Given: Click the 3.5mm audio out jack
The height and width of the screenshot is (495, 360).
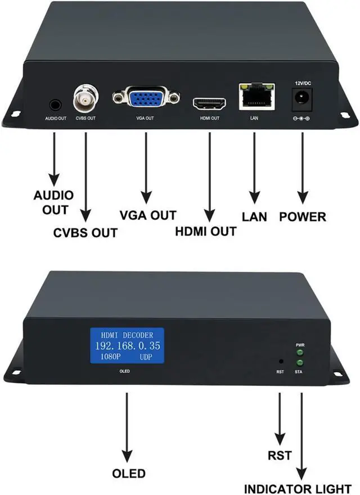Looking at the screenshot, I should (x=55, y=105).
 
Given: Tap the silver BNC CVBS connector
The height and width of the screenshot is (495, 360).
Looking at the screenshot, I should (x=85, y=99).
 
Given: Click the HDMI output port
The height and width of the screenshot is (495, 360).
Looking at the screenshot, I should (x=209, y=104).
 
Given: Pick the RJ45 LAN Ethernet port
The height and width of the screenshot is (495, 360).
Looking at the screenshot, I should (x=256, y=97).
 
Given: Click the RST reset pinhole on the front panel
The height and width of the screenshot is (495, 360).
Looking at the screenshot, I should (x=280, y=361).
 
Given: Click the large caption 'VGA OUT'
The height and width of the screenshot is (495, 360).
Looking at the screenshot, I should (x=148, y=215).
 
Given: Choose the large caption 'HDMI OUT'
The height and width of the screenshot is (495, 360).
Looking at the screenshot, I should (x=206, y=231).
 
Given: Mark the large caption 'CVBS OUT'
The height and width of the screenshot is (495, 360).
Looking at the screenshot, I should (x=85, y=232).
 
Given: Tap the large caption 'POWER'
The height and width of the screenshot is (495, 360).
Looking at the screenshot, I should (x=303, y=216).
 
